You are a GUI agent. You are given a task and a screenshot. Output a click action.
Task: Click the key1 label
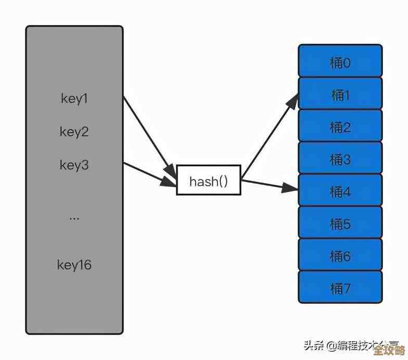coord(74,99)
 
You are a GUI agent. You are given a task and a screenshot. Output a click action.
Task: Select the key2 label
coord(74,132)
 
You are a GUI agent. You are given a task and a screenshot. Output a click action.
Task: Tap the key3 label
coord(74,165)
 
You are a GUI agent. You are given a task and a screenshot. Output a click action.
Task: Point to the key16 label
coord(74,265)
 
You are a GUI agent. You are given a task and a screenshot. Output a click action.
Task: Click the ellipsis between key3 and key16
coord(74,217)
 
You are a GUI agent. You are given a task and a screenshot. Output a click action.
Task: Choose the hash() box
coord(209,180)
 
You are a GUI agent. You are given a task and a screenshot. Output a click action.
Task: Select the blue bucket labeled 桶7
coord(340,287)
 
